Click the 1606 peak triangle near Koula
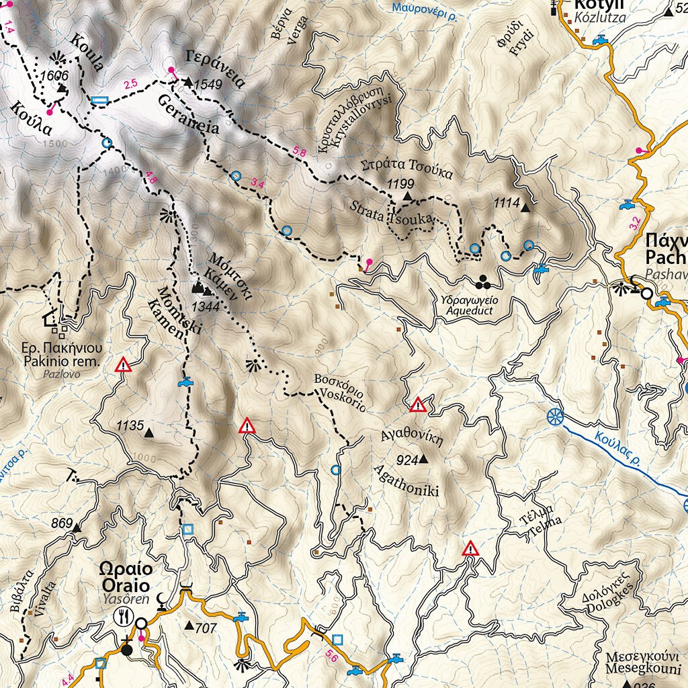coord(62,88)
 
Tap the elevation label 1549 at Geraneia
coord(207,85)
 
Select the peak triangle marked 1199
coord(406,196)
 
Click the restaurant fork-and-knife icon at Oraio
coord(123,613)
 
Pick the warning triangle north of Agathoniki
coord(418,405)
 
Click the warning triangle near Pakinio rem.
coord(124,365)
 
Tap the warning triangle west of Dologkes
coord(471,548)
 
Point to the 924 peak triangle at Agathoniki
coord(423,460)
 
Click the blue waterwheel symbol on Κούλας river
coord(555,417)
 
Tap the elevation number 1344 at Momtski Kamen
coord(206,307)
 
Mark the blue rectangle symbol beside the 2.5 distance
coord(99,101)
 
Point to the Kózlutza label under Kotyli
coord(599,19)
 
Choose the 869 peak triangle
coord(76,528)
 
